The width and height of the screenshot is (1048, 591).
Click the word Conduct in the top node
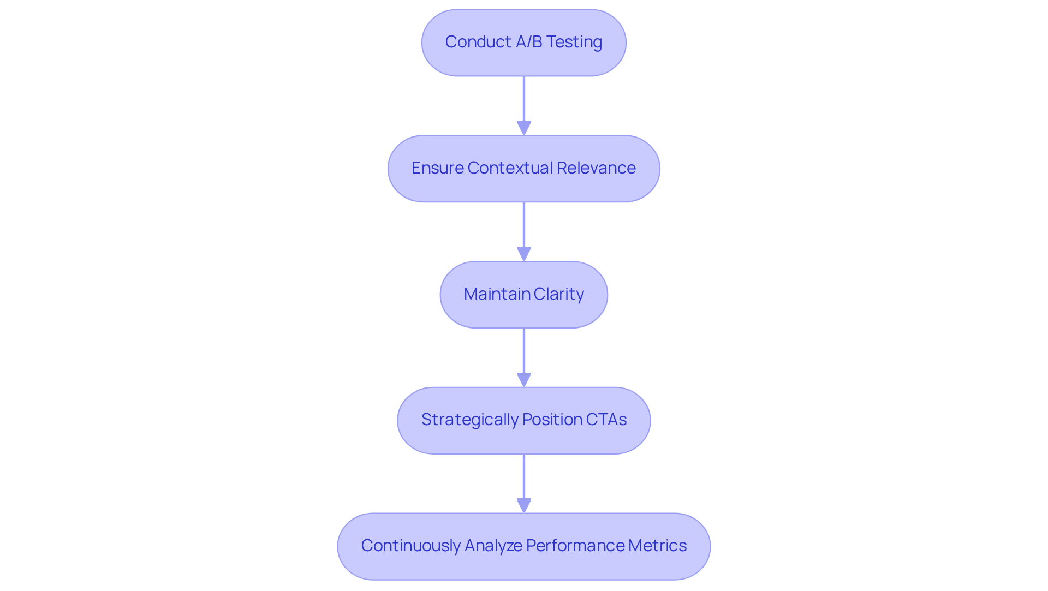click(478, 42)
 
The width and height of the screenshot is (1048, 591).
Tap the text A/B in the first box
click(528, 42)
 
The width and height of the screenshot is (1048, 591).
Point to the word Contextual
click(509, 168)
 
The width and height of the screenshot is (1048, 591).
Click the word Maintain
click(497, 294)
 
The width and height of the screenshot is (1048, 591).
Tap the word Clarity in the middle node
click(559, 294)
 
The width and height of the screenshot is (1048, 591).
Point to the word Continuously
click(410, 546)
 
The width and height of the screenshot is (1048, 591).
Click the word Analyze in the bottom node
click(493, 546)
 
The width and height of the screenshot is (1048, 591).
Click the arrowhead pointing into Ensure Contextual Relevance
click(524, 128)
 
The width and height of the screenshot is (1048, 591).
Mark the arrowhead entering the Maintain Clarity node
click(524, 254)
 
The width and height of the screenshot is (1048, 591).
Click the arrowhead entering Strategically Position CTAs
click(524, 380)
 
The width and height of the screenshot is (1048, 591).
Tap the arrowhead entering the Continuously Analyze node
click(524, 506)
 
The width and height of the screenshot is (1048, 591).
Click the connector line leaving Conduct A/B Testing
click(524, 98)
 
